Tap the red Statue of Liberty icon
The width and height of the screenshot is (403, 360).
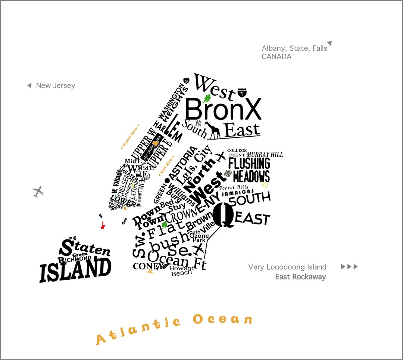click(x=102, y=225)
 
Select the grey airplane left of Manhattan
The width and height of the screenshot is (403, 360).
click(x=38, y=192)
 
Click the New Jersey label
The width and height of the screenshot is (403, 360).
click(x=55, y=86)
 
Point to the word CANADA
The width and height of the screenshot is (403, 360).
click(x=277, y=57)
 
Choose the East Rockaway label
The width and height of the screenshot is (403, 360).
click(x=300, y=277)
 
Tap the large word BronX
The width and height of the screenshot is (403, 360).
click(x=223, y=109)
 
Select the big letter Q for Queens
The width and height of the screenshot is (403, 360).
click(x=224, y=215)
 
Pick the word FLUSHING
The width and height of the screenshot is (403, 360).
click(x=249, y=164)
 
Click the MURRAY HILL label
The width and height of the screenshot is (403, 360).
click(x=265, y=155)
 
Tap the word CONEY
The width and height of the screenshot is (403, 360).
click(x=148, y=266)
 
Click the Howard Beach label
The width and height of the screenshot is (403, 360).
click(x=182, y=271)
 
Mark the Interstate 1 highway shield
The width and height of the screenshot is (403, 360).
click(x=242, y=92)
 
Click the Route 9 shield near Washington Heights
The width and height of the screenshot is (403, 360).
click(x=187, y=80)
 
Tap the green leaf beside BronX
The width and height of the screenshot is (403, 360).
click(x=207, y=99)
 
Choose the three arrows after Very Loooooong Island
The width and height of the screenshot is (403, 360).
click(x=349, y=267)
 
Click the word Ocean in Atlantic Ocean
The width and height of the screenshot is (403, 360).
click(x=223, y=320)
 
